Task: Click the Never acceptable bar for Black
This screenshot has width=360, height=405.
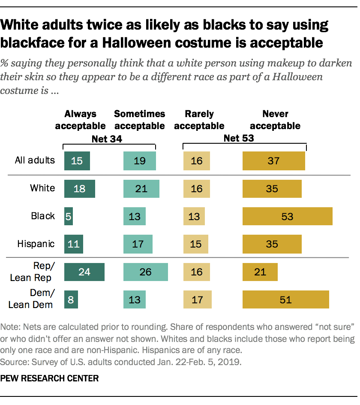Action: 287,216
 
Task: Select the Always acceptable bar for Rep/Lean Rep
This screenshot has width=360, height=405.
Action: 84,272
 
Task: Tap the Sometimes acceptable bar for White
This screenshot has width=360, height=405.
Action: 141,188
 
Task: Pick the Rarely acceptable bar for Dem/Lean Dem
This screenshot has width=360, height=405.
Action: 197,299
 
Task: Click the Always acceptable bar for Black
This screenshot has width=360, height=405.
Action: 68,216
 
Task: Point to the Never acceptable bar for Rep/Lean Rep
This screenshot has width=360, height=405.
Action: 260,272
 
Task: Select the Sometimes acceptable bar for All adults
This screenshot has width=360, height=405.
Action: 139,161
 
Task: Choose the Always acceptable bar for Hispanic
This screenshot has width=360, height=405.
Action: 73,244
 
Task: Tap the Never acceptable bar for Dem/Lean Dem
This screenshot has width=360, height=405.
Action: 285,299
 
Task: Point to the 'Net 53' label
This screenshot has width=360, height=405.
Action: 239,139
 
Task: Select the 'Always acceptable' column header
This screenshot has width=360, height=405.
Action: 81,120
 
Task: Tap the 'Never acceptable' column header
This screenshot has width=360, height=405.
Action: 275,120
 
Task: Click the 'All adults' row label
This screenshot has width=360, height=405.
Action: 35,160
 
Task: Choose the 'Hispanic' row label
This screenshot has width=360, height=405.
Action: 36,244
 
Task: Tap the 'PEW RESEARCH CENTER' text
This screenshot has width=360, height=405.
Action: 50,378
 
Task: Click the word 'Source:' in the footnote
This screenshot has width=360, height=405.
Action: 14,362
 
